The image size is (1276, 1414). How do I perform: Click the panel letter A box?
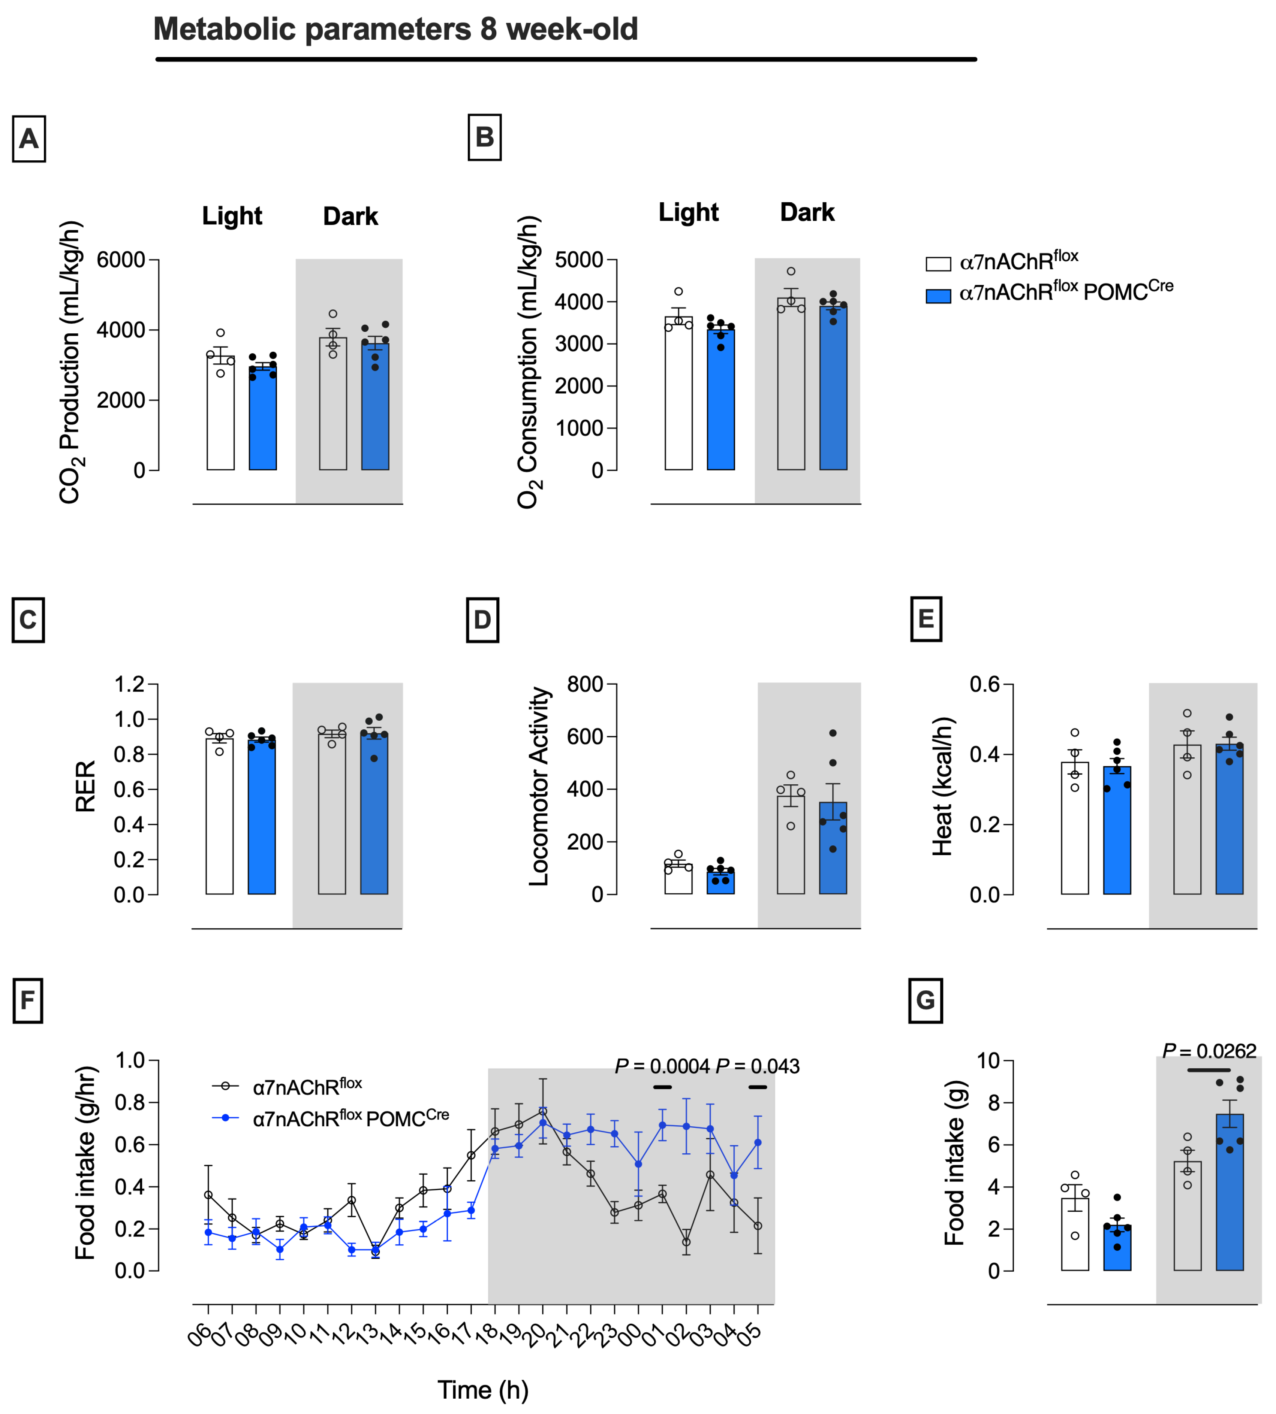(x=29, y=139)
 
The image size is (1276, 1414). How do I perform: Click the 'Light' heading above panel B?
(x=689, y=212)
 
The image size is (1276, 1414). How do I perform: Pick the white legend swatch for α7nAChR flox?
(x=938, y=263)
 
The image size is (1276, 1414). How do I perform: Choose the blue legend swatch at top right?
(x=938, y=296)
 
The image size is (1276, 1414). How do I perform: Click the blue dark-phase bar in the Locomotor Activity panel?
(x=833, y=848)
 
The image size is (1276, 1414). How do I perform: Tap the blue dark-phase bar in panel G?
(x=1230, y=1193)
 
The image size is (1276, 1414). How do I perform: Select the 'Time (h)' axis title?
(x=483, y=1390)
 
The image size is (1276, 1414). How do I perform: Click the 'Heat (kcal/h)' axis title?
(x=942, y=786)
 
